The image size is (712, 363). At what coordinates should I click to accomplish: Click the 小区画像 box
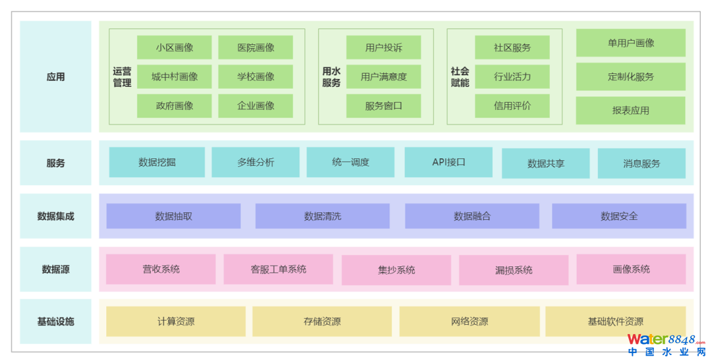(x=174, y=47)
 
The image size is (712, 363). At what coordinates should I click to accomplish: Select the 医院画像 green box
(x=256, y=47)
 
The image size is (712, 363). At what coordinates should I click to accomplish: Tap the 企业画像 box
(x=256, y=105)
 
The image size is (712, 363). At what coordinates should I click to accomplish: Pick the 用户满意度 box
(x=383, y=76)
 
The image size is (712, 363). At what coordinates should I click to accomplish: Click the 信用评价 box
(x=512, y=105)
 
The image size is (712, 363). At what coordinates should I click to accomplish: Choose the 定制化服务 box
(x=630, y=76)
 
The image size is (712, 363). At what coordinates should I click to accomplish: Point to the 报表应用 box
(x=630, y=111)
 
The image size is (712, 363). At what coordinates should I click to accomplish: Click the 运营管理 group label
(x=122, y=77)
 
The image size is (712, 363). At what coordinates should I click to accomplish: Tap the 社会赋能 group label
(x=460, y=77)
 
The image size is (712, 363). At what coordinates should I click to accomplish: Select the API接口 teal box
(x=448, y=162)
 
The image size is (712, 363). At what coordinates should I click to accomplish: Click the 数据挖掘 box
(x=157, y=162)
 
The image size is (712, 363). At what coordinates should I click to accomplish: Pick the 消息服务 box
(x=641, y=163)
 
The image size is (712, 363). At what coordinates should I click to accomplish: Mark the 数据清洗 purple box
(x=322, y=216)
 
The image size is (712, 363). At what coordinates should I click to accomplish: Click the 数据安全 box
(x=619, y=216)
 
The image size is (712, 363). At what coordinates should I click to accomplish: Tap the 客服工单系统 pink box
(x=278, y=269)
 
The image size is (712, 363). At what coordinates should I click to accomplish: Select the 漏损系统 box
(x=514, y=270)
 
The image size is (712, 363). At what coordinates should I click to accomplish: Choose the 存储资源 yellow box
(x=322, y=321)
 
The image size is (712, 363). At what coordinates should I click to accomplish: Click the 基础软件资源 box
(x=615, y=321)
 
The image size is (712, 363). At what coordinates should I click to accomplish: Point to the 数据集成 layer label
(x=56, y=216)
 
